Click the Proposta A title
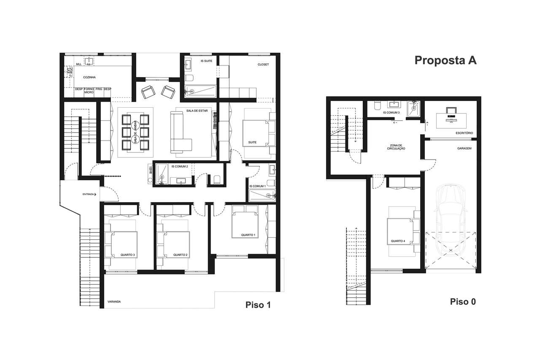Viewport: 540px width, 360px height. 445,60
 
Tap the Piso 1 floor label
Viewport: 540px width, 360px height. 258,305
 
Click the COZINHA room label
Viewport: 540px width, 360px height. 89,78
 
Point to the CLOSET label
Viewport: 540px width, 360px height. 263,65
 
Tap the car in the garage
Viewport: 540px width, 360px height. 451,219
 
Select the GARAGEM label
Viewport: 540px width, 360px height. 464,149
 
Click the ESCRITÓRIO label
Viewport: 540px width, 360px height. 464,133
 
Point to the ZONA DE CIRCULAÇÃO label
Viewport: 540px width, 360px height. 398,147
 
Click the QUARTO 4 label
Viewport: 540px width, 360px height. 398,241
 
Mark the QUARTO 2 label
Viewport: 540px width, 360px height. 180,255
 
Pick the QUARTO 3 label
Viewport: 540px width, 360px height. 127,255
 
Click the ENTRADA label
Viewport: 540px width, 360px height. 88,194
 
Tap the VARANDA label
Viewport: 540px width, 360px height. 114,302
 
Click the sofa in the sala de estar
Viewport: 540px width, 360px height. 181,132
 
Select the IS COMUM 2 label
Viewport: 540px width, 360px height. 180,166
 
